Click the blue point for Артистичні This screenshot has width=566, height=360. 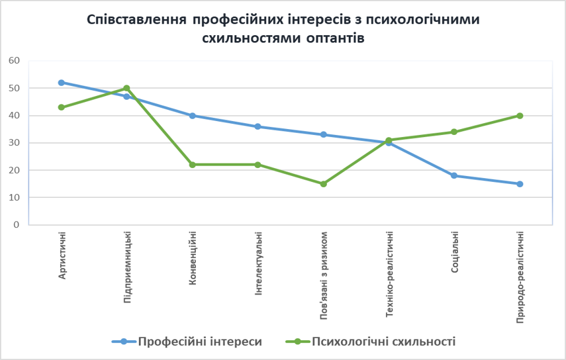pos(61,83)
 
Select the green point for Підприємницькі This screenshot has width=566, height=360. pos(126,88)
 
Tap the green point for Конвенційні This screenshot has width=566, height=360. pos(192,165)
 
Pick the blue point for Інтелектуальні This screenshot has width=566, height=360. pos(258,126)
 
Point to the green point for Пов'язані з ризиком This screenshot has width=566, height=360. pos(323,184)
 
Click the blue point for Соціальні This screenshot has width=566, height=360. pos(454,175)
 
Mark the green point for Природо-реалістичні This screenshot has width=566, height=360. pos(520,116)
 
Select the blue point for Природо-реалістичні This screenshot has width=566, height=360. pos(520,184)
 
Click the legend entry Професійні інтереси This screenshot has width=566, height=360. pos(199,341)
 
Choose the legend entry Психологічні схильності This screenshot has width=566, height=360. pos(383,341)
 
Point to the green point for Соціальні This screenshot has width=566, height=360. pos(454,132)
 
